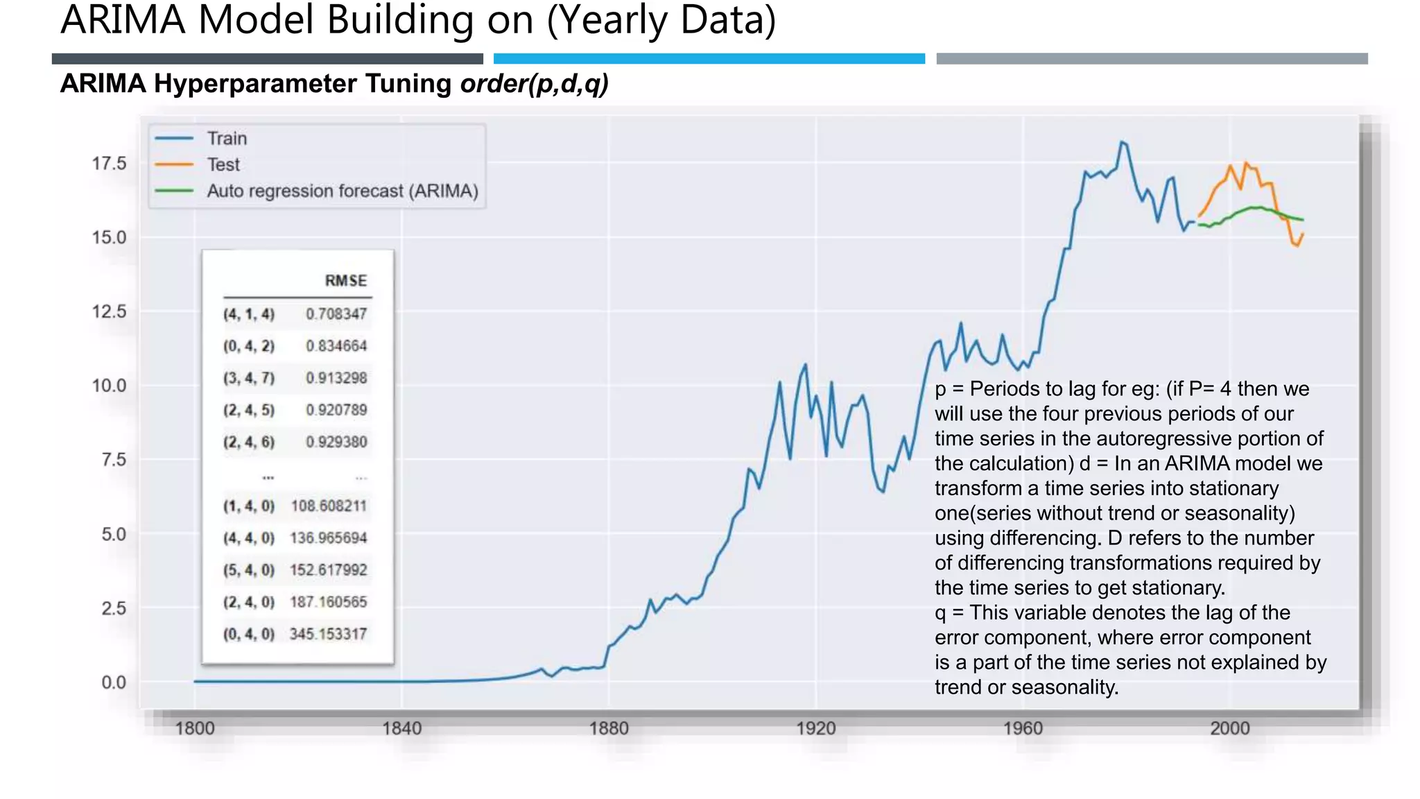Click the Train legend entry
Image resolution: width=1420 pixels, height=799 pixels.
pyautogui.click(x=227, y=139)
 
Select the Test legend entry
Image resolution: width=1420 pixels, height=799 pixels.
pyautogui.click(x=223, y=165)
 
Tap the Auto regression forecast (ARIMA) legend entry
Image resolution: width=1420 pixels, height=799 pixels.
pyautogui.click(x=343, y=191)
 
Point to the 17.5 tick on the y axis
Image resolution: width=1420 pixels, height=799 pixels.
pyautogui.click(x=110, y=164)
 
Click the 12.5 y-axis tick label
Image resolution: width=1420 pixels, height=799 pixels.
pyautogui.click(x=110, y=312)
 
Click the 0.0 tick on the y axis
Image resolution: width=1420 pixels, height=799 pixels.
pyautogui.click(x=114, y=682)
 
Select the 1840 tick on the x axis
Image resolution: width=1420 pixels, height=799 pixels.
pyautogui.click(x=402, y=728)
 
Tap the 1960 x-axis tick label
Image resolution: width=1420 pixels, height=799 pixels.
pyautogui.click(x=1023, y=728)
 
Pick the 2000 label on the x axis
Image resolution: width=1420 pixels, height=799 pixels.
pyautogui.click(x=1230, y=728)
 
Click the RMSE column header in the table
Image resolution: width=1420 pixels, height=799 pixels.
pyautogui.click(x=346, y=281)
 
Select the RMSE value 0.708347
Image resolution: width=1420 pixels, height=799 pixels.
pyautogui.click(x=336, y=314)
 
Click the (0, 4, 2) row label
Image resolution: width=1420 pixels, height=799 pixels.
pyautogui.click(x=249, y=346)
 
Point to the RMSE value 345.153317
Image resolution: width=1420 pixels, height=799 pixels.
pyautogui.click(x=328, y=634)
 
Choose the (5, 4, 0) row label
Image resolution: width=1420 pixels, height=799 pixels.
pyautogui.click(x=249, y=570)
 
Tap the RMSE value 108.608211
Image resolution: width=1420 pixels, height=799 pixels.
pyautogui.click(x=329, y=506)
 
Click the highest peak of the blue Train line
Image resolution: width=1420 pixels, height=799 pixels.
pyautogui.click(x=1122, y=142)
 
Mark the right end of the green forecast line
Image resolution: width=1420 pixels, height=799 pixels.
pyautogui.click(x=1303, y=220)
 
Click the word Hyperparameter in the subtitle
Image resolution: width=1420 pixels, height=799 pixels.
pyautogui.click(x=303, y=84)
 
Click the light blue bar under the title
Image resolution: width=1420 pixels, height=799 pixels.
pyautogui.click(x=709, y=59)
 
